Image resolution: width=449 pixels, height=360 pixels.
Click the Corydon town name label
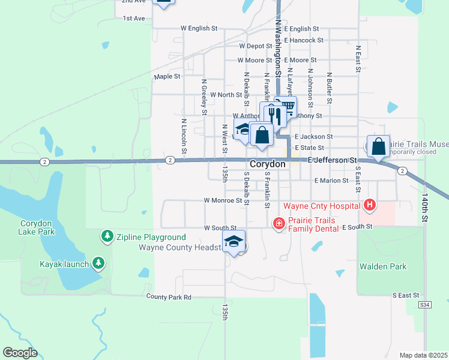pyautogui.click(x=268, y=163)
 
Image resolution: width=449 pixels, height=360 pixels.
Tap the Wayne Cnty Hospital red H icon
pyautogui.click(x=370, y=206)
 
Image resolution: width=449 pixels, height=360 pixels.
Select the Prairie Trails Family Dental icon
pyautogui.click(x=279, y=224)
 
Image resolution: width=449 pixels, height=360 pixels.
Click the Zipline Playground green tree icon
pyautogui.click(x=107, y=236)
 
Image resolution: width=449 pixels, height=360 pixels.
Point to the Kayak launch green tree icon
pyautogui.click(x=98, y=263)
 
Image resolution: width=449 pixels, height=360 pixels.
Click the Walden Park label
pyautogui.click(x=383, y=266)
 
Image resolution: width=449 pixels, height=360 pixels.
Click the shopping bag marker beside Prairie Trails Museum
pyautogui.click(x=378, y=146)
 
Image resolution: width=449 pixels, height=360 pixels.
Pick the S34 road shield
pyautogui.click(x=425, y=305)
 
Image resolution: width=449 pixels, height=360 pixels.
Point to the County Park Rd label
pyautogui.click(x=169, y=297)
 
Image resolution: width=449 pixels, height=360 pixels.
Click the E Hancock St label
pyautogui.click(x=304, y=40)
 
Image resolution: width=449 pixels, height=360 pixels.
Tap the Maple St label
pyautogui.click(x=167, y=76)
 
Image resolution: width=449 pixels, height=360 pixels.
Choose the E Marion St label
pyautogui.click(x=331, y=181)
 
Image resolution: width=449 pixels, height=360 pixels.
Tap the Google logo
pyautogui.click(x=20, y=353)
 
